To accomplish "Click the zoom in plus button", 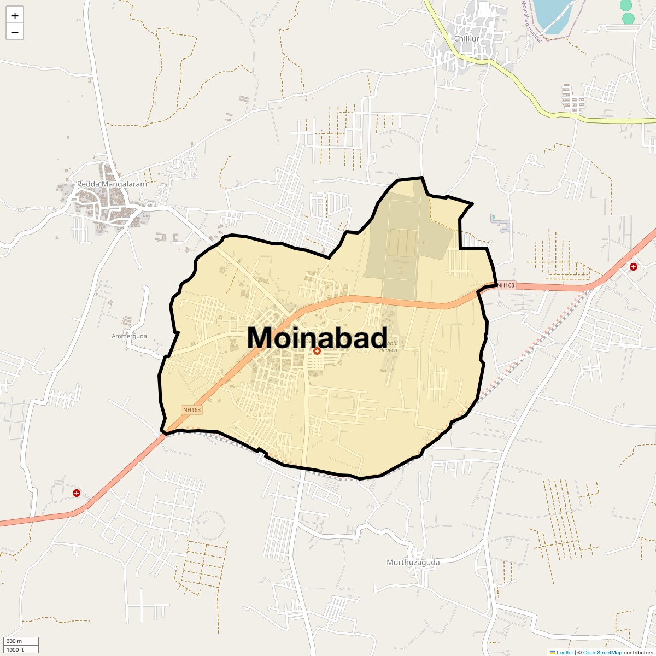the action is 15,16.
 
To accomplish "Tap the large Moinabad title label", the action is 318,337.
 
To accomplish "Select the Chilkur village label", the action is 467,39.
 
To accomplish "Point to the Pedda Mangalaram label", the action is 112,184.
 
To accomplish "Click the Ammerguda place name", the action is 129,336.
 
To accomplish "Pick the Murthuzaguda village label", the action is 413,562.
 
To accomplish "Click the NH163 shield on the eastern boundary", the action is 506,285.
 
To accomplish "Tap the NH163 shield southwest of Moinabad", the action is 192,410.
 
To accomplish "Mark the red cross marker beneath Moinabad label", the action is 317,351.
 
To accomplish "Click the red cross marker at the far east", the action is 633,267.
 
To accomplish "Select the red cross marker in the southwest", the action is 77,493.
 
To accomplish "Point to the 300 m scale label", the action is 14,641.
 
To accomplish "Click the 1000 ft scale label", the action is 15,649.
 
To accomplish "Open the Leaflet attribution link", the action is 565,652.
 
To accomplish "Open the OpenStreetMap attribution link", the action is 602,652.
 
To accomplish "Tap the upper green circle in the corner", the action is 626,5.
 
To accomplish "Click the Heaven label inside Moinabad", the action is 389,350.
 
